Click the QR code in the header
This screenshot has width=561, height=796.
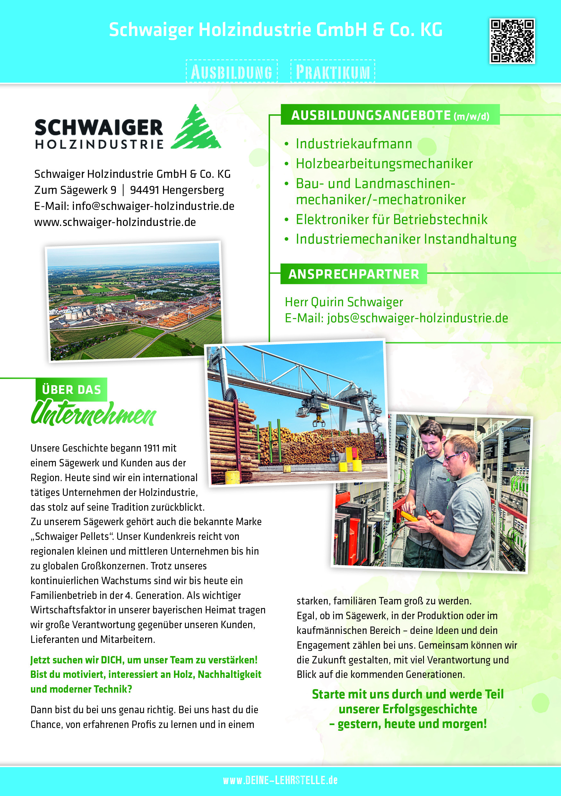tap(512, 41)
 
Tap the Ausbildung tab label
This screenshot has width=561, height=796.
tap(232, 72)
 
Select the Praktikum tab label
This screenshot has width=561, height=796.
tap(333, 72)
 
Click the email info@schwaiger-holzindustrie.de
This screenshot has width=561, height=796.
tap(153, 206)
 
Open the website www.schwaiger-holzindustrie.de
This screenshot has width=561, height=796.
tap(115, 222)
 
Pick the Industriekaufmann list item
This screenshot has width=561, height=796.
tap(354, 144)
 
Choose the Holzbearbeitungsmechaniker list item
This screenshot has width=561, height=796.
tap(384, 164)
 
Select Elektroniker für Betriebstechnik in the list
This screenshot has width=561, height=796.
tap(392, 220)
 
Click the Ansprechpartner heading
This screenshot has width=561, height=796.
tap(354, 274)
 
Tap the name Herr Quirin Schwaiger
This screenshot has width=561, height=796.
tap(344, 302)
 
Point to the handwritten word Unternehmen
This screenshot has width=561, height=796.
tap(94, 414)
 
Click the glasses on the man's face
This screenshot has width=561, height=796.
tap(453, 457)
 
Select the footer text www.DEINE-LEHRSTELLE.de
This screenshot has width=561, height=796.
tap(280, 780)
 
